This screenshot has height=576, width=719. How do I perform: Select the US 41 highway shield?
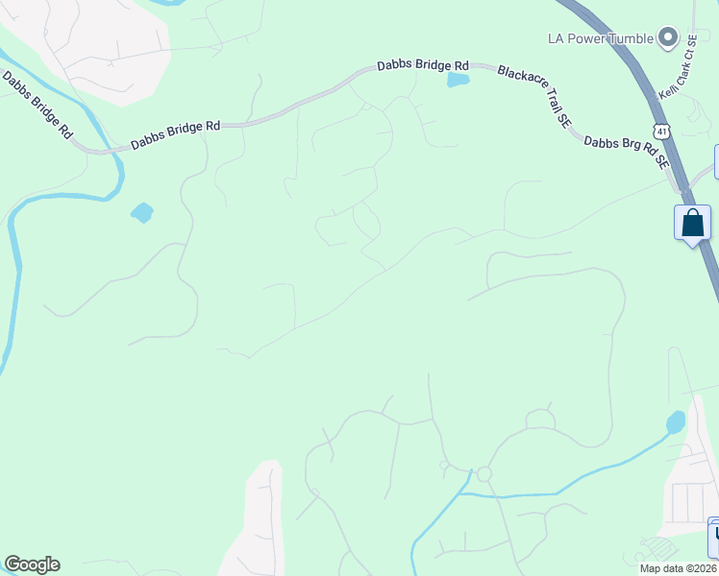[658, 129]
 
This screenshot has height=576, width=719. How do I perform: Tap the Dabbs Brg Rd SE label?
[626, 153]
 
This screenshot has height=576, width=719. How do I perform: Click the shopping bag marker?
[692, 224]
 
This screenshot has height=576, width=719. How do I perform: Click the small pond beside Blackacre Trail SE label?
[458, 81]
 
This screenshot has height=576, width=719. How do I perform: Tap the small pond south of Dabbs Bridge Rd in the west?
[142, 212]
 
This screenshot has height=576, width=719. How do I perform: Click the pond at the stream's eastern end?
[676, 422]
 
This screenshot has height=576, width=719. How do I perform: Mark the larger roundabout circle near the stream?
[483, 474]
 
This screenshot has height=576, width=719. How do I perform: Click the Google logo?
[32, 564]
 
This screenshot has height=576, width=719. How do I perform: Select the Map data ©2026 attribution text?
[679, 568]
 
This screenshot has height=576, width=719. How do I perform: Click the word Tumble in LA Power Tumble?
[628, 38]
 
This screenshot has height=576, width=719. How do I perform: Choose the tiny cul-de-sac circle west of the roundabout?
[444, 466]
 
